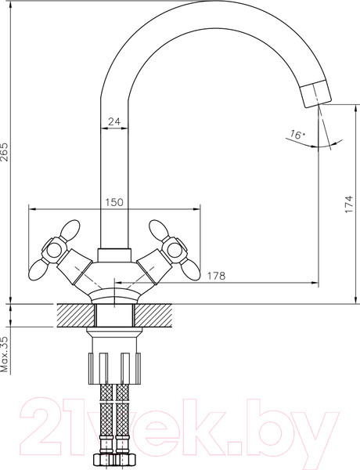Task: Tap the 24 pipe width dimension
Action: pos(113,121)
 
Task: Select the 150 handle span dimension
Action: pos(114,202)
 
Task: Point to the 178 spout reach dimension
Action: pos(218,275)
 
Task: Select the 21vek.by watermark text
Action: pos(180,427)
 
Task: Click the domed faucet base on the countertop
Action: pos(113,295)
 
